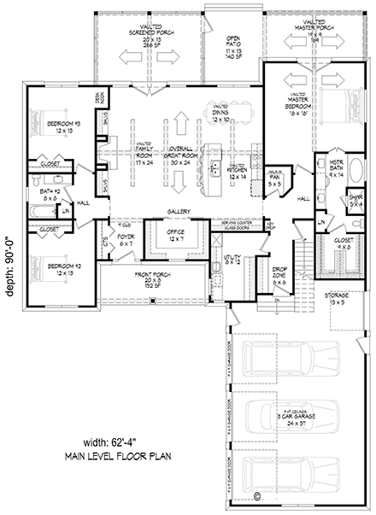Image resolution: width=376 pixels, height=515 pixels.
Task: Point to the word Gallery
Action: [x=179, y=211]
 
